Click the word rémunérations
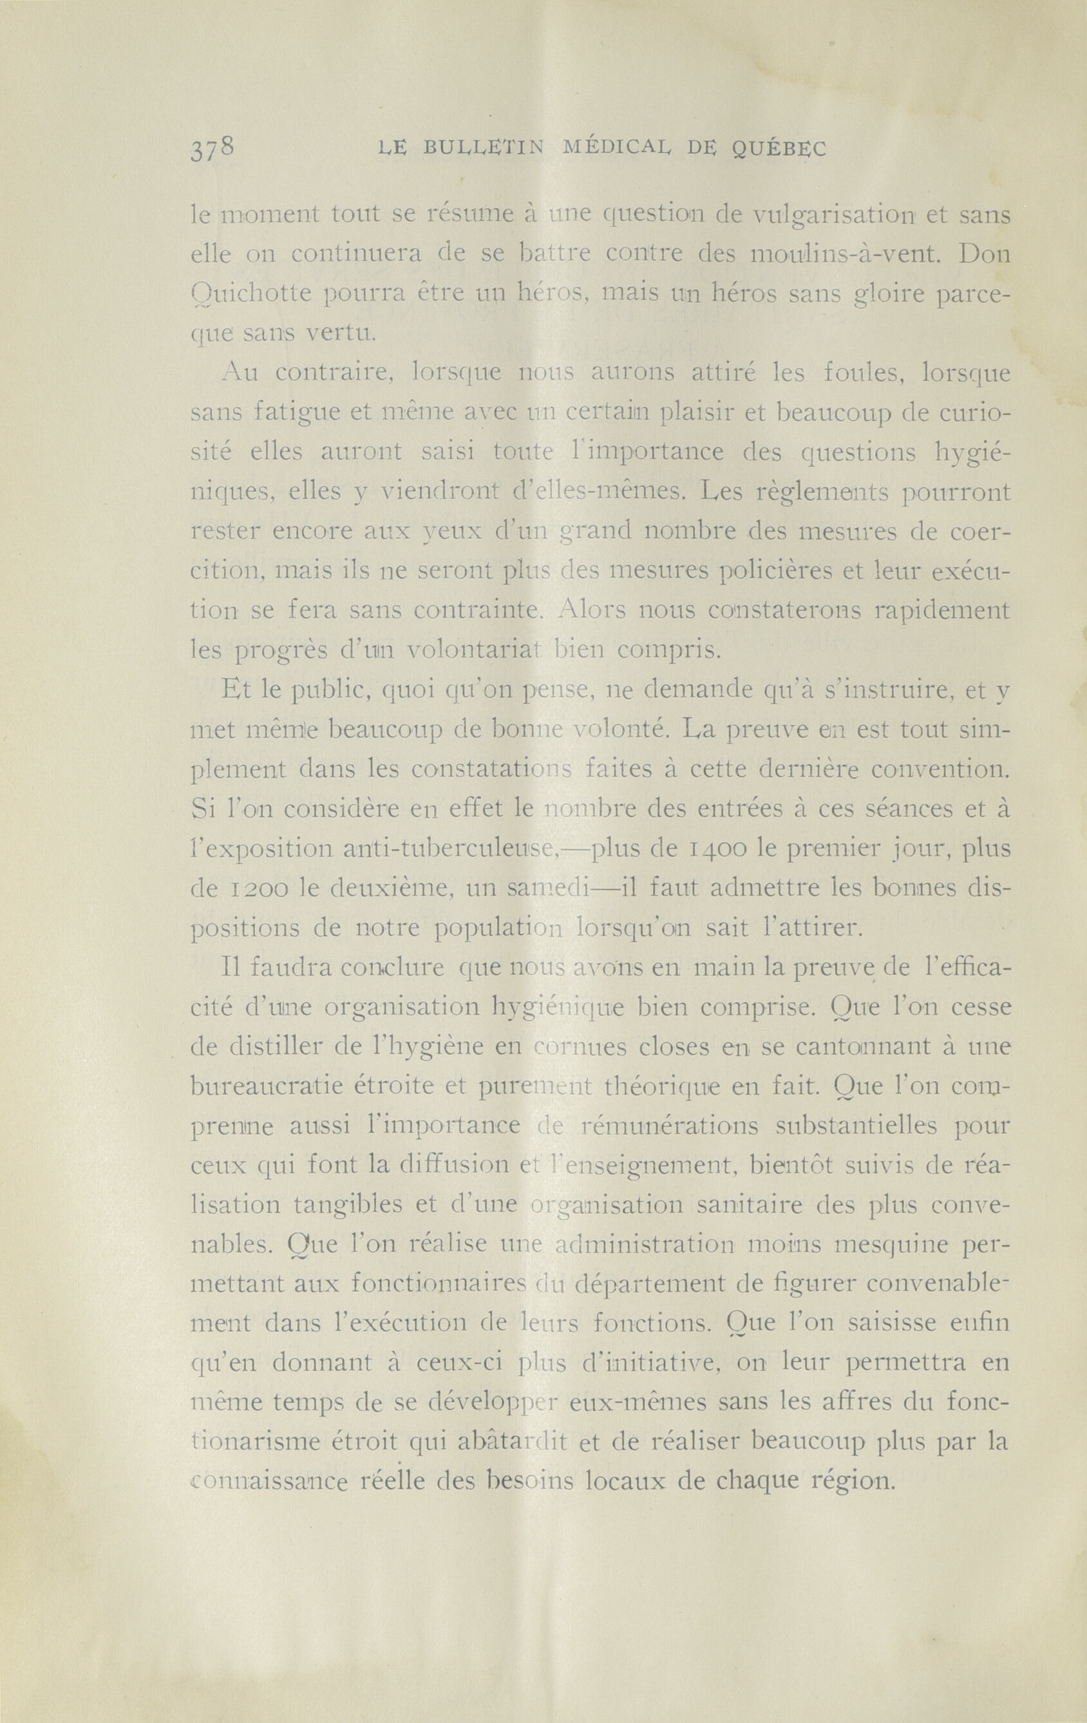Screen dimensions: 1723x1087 [674, 1126]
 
